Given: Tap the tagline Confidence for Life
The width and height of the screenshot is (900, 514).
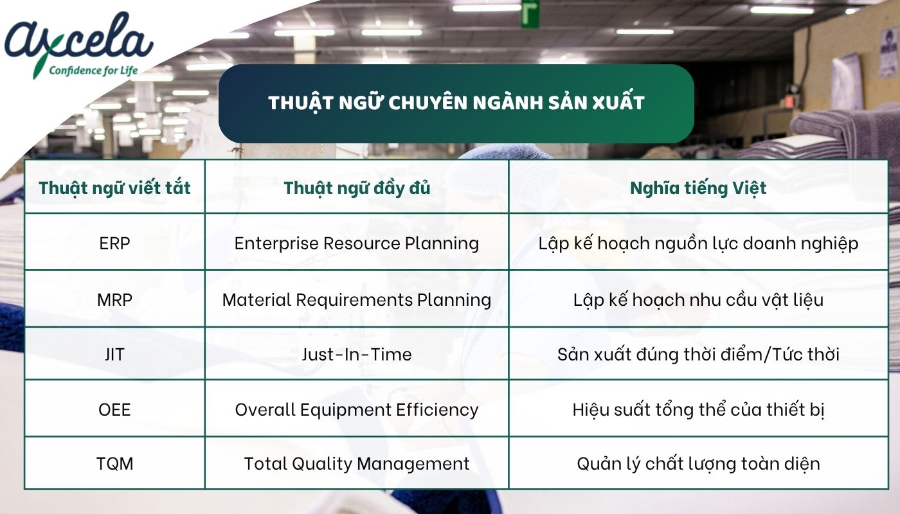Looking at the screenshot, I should tap(94, 70).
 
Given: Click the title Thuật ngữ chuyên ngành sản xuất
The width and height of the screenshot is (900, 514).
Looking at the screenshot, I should tap(456, 103).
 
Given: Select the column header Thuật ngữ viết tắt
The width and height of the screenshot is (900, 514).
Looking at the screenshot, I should tap(115, 188).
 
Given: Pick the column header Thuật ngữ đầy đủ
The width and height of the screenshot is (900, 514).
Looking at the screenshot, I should tap(357, 188).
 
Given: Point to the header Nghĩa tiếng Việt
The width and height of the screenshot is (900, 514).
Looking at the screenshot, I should tap(697, 188).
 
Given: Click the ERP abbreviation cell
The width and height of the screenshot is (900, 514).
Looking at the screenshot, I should tap(115, 244).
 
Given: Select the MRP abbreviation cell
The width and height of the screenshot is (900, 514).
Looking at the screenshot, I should tap(115, 299).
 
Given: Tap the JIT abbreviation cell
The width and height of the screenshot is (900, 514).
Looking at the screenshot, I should tap(115, 354).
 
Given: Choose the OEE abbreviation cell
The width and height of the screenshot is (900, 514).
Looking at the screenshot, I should tap(115, 409).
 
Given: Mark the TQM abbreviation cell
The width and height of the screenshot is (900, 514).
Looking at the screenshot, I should tap(115, 463).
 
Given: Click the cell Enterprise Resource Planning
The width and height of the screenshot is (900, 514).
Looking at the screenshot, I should tap(357, 244).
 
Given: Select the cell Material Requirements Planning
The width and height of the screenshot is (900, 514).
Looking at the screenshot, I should tap(357, 299).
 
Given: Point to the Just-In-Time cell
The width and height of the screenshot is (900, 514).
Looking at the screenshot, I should tap(357, 354).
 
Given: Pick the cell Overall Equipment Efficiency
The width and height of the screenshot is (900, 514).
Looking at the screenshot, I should tap(357, 409).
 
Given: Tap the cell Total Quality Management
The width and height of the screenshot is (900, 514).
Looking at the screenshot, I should tap(357, 463).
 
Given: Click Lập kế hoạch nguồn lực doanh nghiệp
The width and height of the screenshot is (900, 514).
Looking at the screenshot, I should tap(697, 244).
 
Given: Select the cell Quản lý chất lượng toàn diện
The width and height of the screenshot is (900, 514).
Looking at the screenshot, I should tap(697, 463).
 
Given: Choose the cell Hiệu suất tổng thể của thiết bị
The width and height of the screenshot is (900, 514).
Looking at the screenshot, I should tap(697, 409).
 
